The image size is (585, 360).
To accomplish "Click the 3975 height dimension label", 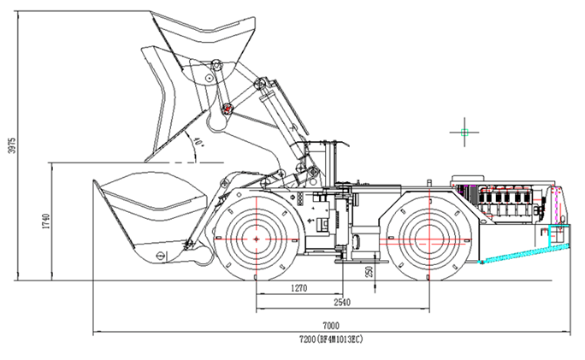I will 12,146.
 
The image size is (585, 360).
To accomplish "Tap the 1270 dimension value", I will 298,288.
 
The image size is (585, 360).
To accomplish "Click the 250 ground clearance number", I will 369,271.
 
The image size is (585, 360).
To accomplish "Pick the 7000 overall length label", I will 331,326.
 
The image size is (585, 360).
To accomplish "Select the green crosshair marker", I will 464,132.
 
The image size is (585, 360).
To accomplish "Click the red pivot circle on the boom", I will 227,108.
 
